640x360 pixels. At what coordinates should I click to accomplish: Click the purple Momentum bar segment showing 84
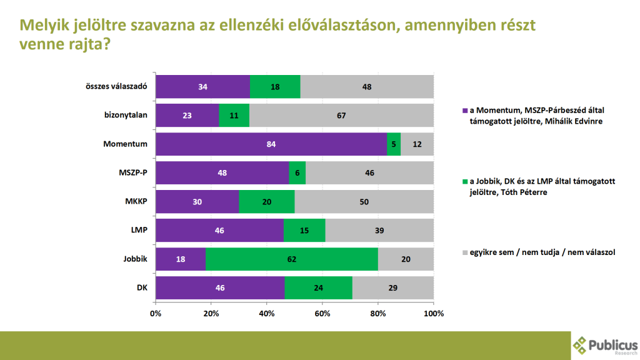tap(271, 144)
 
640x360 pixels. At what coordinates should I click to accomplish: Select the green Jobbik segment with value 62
tap(291, 259)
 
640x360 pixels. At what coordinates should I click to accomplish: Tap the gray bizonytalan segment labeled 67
tap(341, 115)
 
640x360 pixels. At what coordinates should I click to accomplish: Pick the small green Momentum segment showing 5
tap(394, 144)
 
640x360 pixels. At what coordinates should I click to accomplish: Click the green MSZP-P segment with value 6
tap(297, 172)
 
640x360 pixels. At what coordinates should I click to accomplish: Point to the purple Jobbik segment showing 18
tap(181, 259)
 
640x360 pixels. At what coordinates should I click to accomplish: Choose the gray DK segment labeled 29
tap(393, 287)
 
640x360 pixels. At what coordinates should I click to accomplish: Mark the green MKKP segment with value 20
tap(267, 201)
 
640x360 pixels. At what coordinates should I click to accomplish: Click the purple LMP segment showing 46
tap(219, 230)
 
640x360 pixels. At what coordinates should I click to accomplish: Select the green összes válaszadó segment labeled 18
tap(275, 86)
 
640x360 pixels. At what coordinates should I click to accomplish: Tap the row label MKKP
tap(135, 201)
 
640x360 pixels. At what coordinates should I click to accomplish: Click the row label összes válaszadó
tap(116, 86)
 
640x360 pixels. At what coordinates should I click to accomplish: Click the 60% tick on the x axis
tap(322, 313)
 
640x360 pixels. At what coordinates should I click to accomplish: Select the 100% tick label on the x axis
tap(433, 313)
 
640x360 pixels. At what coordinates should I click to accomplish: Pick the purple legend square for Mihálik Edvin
tap(464, 110)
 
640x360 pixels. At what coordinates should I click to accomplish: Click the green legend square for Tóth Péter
tap(464, 181)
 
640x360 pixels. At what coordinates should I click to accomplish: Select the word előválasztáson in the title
tap(344, 26)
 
